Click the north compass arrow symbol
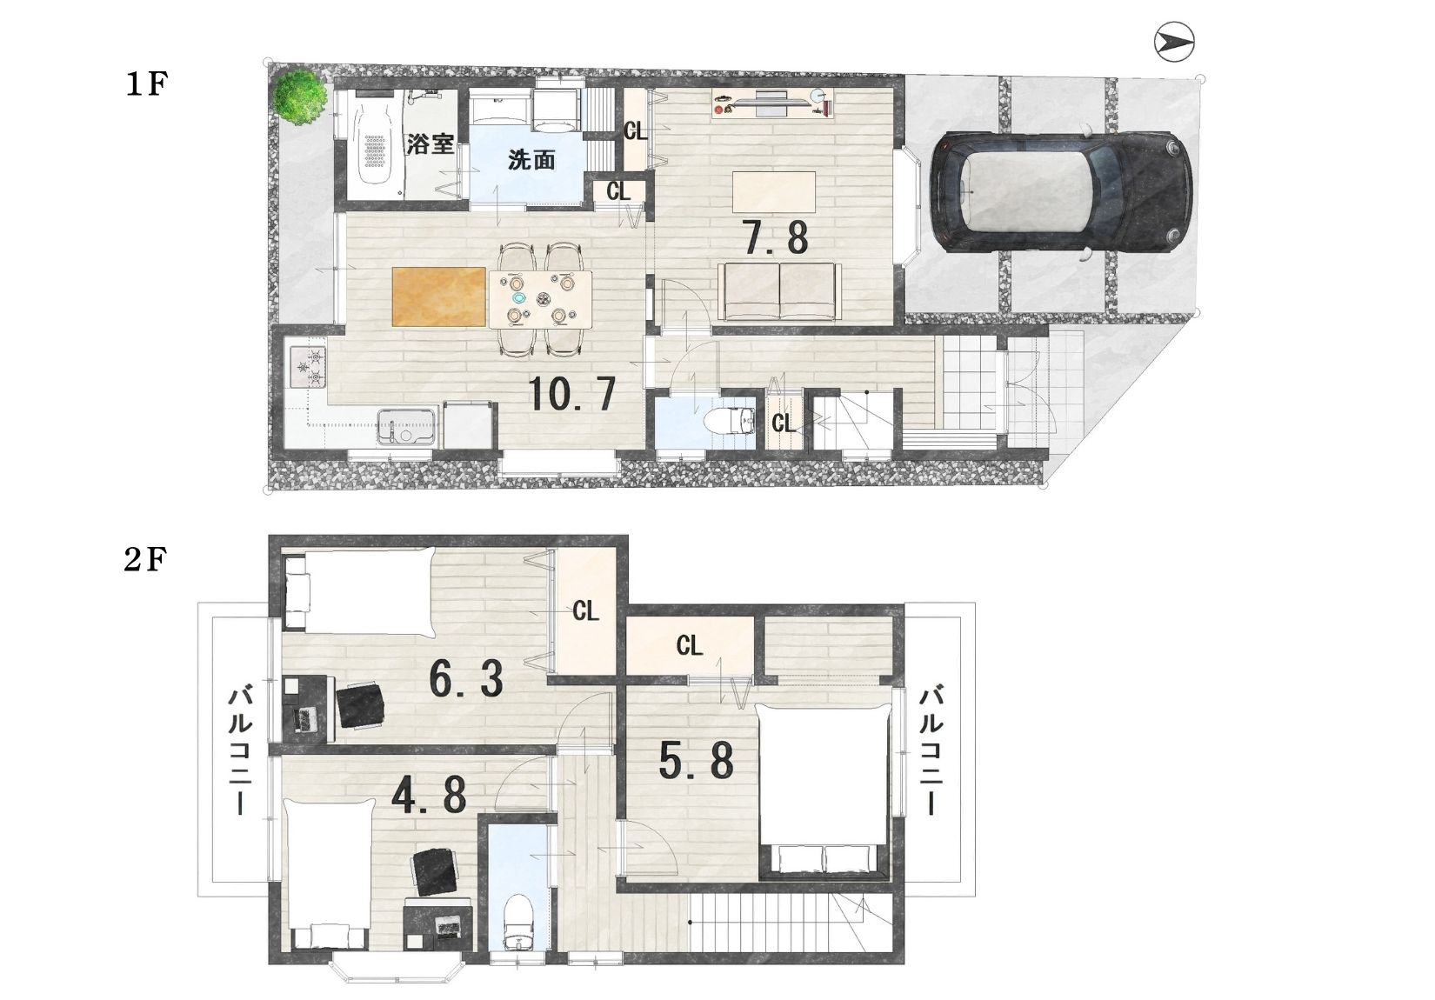click(1173, 43)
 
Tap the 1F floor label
click(147, 84)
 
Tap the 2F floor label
click(145, 559)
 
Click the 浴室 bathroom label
click(430, 144)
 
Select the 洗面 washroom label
click(531, 159)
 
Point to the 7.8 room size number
click(775, 237)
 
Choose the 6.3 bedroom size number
click(466, 679)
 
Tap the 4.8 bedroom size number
click(429, 795)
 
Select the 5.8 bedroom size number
click(697, 761)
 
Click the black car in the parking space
click(1062, 191)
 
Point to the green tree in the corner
click(298, 97)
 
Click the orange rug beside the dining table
click(439, 297)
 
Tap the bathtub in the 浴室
click(376, 147)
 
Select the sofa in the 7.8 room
click(779, 291)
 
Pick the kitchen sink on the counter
click(406, 427)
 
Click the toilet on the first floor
click(730, 421)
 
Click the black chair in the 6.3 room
click(360, 704)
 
